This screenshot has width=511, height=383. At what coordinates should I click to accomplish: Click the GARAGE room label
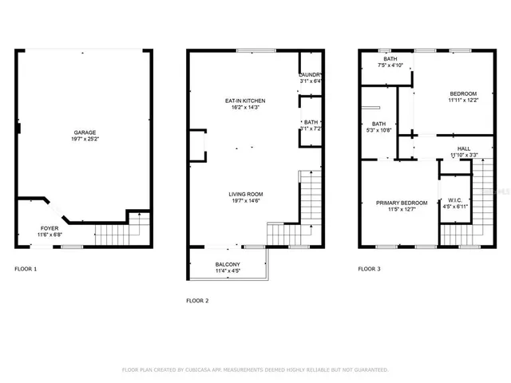(85, 132)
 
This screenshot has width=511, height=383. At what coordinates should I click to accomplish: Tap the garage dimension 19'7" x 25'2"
(85, 139)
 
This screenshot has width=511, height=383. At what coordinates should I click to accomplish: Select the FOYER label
(50, 227)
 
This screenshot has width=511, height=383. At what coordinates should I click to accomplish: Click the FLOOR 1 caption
(26, 269)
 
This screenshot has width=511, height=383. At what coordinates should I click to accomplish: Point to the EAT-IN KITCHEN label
(244, 101)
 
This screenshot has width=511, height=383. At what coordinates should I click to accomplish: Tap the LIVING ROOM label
(246, 194)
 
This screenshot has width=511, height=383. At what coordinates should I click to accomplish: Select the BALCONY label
(228, 264)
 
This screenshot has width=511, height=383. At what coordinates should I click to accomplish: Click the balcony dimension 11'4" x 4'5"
(228, 271)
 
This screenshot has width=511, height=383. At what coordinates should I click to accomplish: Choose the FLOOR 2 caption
(197, 301)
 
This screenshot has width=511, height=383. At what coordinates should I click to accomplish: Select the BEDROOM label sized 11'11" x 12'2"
(462, 93)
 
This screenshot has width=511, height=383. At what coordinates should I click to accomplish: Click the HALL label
(463, 148)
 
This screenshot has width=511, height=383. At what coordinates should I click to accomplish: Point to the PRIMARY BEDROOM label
(402, 203)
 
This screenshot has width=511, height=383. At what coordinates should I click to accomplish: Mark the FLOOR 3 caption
(369, 269)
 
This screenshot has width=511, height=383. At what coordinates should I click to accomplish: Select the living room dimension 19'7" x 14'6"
(246, 201)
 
